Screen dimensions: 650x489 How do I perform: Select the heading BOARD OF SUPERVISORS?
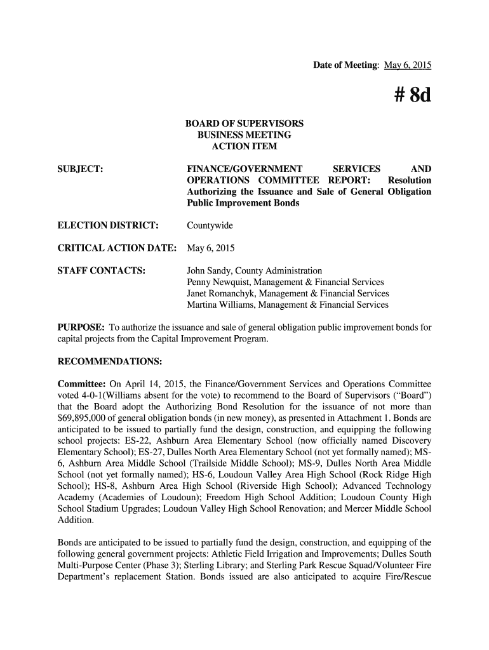244,123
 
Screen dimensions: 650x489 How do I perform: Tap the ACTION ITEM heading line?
244,147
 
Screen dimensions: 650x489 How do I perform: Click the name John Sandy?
208,271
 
